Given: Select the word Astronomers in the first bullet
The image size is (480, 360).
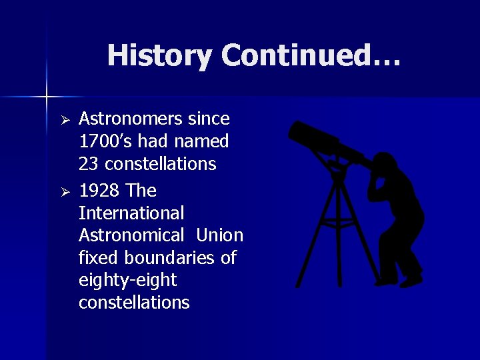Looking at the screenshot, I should [129, 119].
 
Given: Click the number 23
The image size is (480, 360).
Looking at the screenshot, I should [88, 164].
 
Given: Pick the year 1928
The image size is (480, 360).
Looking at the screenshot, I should [99, 191].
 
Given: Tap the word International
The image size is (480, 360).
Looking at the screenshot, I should [131, 214].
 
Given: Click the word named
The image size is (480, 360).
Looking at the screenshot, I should [202, 142].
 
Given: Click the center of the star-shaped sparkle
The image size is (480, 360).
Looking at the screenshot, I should [47, 97].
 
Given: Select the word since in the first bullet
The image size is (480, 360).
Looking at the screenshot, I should [209, 119].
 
